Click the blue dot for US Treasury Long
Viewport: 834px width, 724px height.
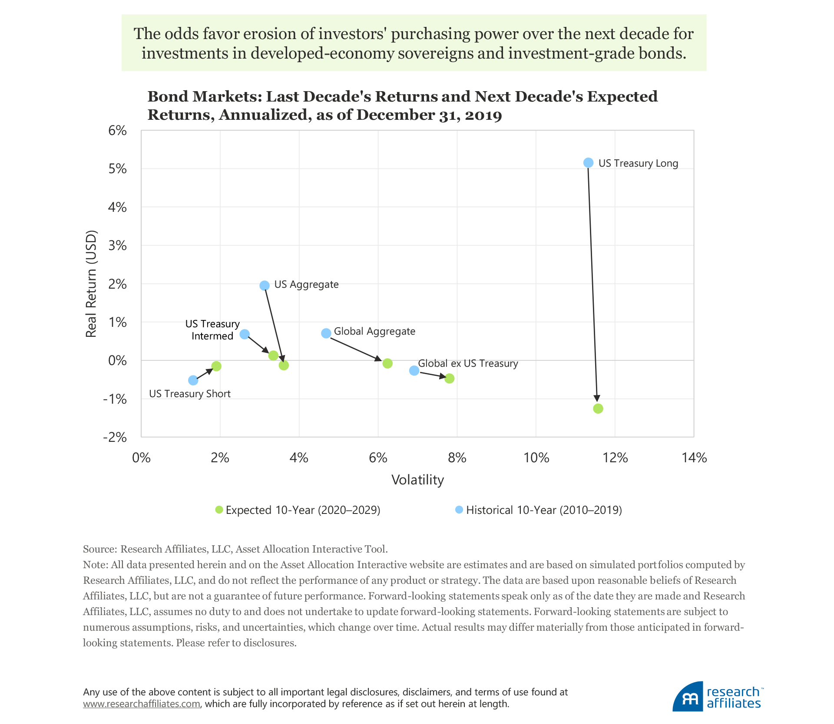click(x=588, y=163)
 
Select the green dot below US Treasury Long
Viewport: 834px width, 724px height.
click(x=598, y=408)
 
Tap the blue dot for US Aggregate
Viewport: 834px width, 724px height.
click(x=265, y=286)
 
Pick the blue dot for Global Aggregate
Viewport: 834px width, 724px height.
click(x=326, y=333)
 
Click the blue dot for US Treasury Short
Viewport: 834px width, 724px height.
click(x=193, y=381)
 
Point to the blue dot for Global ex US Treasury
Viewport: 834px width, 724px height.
click(x=414, y=371)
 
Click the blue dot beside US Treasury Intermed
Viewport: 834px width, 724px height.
click(x=245, y=334)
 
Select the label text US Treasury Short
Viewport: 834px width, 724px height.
click(x=190, y=394)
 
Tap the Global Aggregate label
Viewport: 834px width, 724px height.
click(x=374, y=332)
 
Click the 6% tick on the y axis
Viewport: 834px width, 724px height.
click(x=118, y=131)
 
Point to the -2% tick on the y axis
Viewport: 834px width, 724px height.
click(x=115, y=437)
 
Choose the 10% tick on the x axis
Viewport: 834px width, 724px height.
click(x=536, y=458)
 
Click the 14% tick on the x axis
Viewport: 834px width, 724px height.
click(x=694, y=458)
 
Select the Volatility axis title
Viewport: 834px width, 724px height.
click(x=417, y=480)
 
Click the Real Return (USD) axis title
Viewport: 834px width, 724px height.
click(x=91, y=284)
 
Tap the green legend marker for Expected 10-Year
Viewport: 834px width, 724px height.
click(x=219, y=510)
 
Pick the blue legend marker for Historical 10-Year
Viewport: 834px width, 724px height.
click(x=459, y=510)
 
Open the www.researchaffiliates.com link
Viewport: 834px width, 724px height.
click(x=142, y=704)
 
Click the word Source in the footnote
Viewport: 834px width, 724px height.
click(x=99, y=549)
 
